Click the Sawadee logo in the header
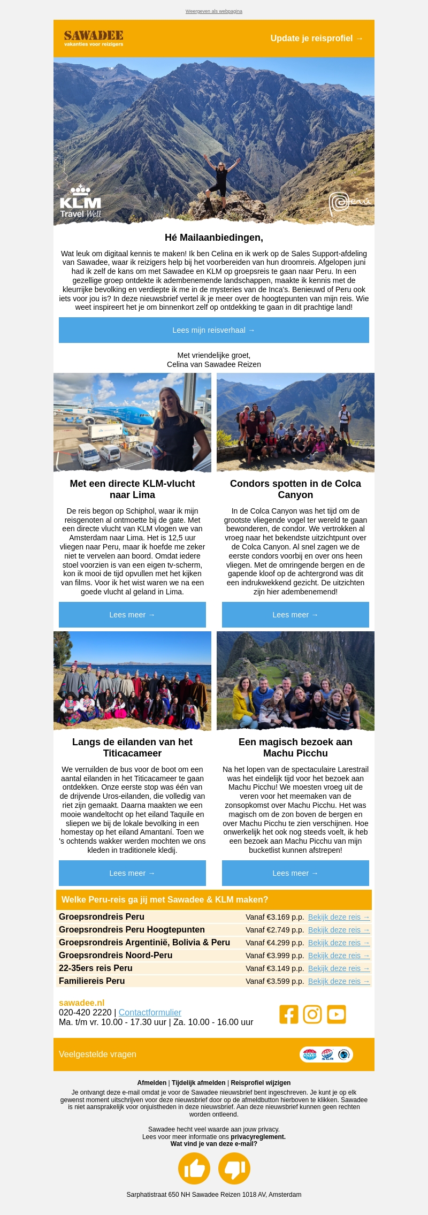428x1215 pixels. (94, 38)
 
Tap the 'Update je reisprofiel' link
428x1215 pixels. (316, 39)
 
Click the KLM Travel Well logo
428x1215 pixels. (80, 202)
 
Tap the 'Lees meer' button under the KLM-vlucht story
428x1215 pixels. (132, 615)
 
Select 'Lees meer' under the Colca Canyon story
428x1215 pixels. (295, 615)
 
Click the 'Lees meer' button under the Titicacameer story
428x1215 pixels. (132, 873)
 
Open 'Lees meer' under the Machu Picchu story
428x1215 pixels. (295, 873)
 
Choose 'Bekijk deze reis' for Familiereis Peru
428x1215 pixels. (339, 981)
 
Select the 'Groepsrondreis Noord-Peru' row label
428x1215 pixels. (116, 956)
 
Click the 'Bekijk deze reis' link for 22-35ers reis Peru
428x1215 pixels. (339, 968)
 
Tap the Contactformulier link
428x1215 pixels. (150, 1012)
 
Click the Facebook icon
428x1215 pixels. (289, 1014)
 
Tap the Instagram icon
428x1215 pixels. (312, 1014)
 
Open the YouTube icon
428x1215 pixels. (337, 1014)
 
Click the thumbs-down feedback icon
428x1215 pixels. (234, 1168)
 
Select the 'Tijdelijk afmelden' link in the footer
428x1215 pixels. (198, 1083)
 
